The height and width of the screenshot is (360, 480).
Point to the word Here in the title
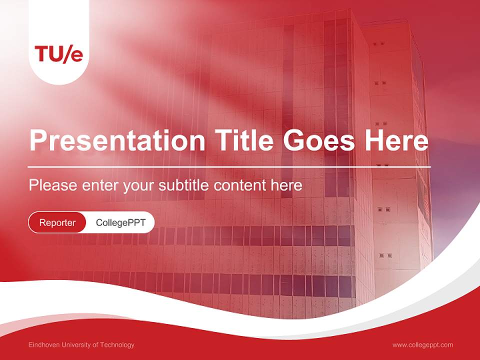(x=396, y=140)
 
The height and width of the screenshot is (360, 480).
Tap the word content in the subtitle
(x=240, y=185)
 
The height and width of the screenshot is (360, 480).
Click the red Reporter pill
(x=57, y=222)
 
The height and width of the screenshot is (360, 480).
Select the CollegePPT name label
(x=120, y=222)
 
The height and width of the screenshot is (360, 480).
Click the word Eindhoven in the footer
(x=44, y=345)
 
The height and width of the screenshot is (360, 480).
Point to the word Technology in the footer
(x=117, y=345)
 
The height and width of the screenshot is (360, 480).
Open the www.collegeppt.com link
(x=422, y=345)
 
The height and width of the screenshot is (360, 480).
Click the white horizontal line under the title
(x=229, y=166)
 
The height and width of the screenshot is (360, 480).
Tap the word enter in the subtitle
(x=99, y=185)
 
